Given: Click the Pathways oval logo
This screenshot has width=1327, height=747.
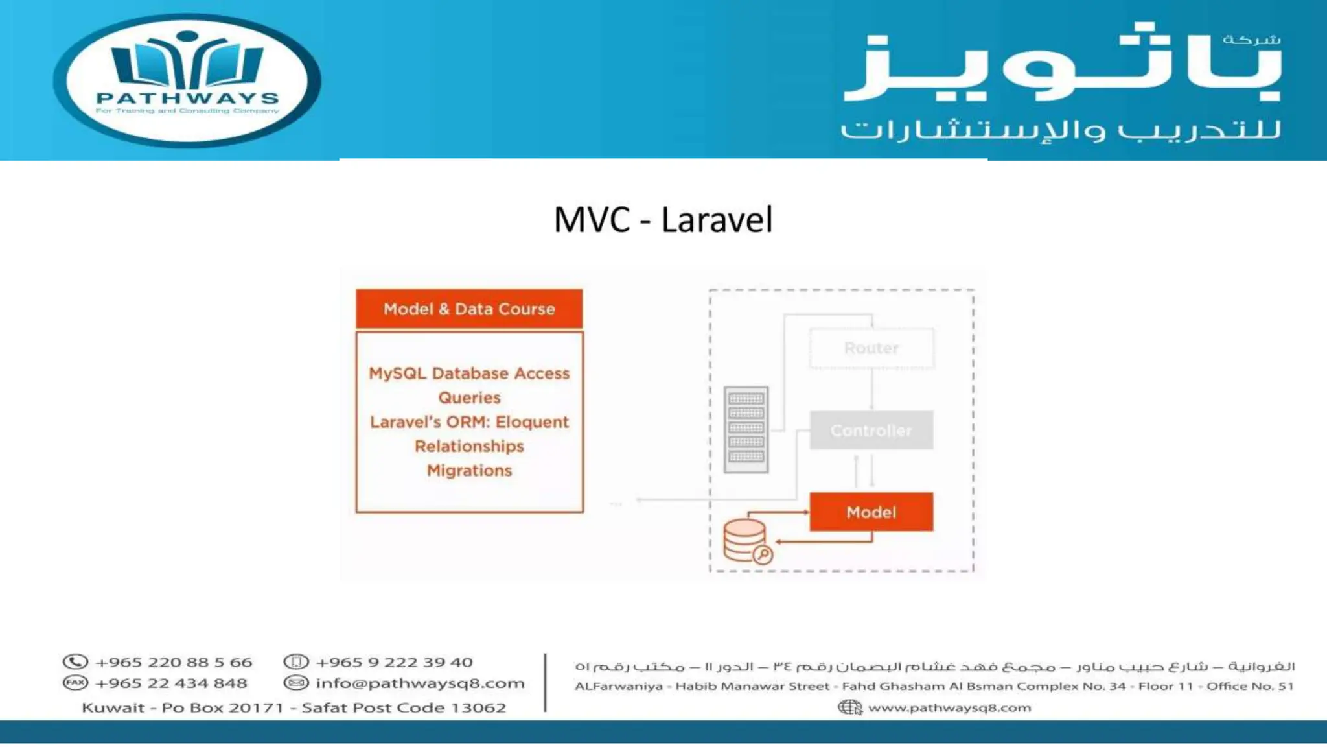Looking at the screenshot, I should pos(187,80).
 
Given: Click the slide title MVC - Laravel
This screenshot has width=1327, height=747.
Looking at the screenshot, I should pos(663,220).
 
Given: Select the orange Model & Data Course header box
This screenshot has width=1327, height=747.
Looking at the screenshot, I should pos(469,309).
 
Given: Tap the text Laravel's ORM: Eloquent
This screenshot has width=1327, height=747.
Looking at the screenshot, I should pos(469,422).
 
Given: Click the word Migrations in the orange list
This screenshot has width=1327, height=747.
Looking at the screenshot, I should pos(469,471).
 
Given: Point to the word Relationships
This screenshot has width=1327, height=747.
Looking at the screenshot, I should pos(469,447).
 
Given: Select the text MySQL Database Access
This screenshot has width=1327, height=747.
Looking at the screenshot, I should pos(469,373).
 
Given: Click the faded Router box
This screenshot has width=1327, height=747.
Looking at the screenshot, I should pos(871,348).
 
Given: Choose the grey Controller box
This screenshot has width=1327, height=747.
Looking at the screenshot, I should pos(871,431).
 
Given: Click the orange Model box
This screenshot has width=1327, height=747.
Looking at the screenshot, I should pos(871,512).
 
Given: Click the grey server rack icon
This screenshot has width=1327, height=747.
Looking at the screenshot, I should pos(746,429).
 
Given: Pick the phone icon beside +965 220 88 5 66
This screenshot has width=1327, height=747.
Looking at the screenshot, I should pos(75,662).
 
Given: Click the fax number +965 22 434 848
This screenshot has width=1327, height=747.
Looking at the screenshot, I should pos(171,683).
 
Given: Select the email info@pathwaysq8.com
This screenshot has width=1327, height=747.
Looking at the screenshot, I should pos(420,683).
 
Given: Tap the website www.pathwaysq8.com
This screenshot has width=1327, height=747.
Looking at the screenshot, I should pos(949,707).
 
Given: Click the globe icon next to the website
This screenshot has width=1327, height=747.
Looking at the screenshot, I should pos(849,707).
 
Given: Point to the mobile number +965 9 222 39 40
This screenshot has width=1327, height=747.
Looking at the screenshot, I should pos(394,662).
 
